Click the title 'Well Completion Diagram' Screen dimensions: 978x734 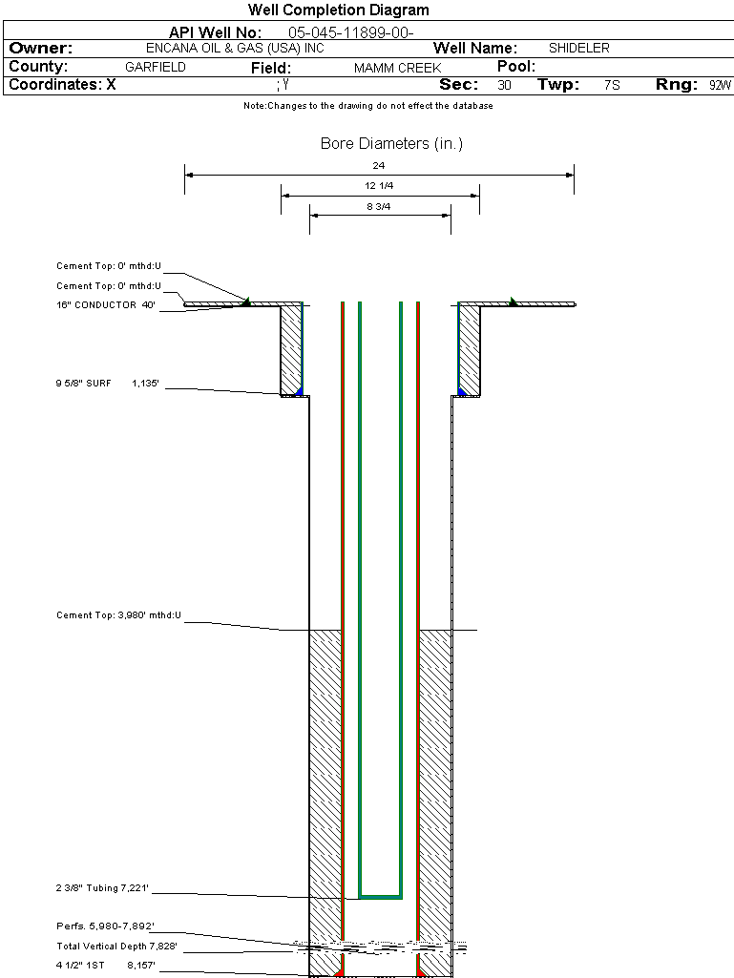point(338,10)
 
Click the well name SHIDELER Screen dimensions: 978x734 point(578,48)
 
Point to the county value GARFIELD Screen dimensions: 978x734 point(156,68)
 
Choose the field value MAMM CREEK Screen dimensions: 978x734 point(397,69)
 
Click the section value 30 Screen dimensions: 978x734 point(504,85)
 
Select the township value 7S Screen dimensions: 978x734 point(612,85)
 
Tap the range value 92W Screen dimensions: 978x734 point(720,85)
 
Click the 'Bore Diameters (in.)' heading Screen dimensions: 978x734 point(391,144)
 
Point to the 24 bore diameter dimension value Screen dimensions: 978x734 point(379,166)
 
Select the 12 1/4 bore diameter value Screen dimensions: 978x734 point(379,185)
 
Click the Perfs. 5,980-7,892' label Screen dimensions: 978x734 point(105,926)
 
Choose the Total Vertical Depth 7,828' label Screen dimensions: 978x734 point(116,947)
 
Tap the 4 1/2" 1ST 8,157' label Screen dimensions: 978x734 point(105,966)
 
